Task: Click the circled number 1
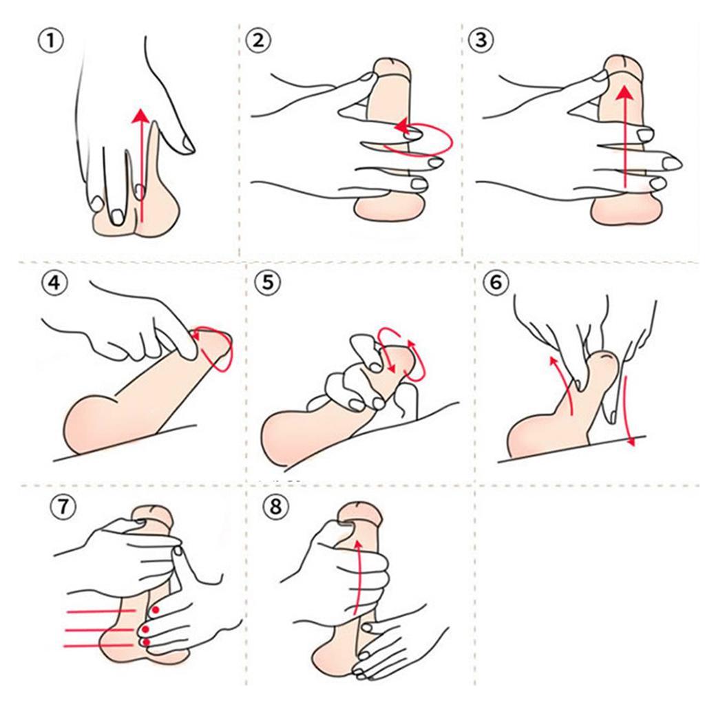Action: pyautogui.click(x=51, y=41)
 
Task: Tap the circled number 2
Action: pyautogui.click(x=258, y=41)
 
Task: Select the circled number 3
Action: pyautogui.click(x=481, y=41)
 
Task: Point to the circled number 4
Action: pyautogui.click(x=54, y=283)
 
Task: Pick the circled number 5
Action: pyautogui.click(x=268, y=282)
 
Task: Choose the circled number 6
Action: pyautogui.click(x=496, y=282)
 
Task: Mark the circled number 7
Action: pyautogui.click(x=63, y=507)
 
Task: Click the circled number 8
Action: pyautogui.click(x=275, y=507)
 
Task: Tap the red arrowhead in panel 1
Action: pyautogui.click(x=141, y=116)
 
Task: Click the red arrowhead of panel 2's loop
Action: pyautogui.click(x=402, y=127)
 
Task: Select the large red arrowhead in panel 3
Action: pyautogui.click(x=623, y=92)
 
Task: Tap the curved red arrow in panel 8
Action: pyautogui.click(x=357, y=577)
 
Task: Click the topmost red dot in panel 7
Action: pyautogui.click(x=155, y=610)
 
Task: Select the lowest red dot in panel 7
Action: pyautogui.click(x=146, y=642)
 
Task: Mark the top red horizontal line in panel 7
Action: pyautogui.click(x=101, y=611)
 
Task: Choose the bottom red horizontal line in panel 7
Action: pyautogui.click(x=98, y=646)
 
